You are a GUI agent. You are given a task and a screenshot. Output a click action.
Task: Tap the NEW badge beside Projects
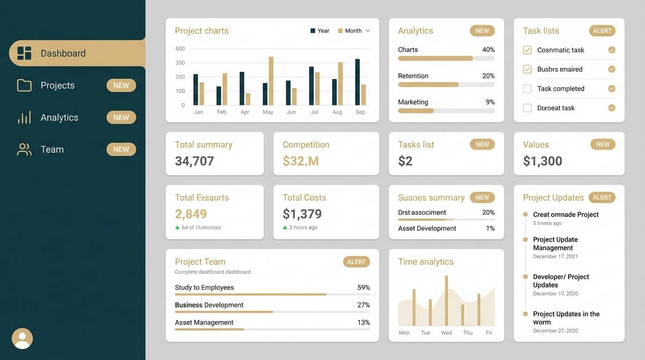point(121,85)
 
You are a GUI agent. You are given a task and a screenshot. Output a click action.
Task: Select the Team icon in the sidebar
point(24,150)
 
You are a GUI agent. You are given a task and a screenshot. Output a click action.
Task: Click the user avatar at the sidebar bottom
point(22,338)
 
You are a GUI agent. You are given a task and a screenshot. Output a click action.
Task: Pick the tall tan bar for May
point(271,81)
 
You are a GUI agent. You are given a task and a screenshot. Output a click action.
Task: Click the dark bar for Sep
point(357,82)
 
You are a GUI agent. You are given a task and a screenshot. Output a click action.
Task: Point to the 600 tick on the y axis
point(180,49)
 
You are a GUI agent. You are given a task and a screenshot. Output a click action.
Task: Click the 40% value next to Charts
point(488,50)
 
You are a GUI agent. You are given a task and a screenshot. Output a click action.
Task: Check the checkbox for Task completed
point(527,89)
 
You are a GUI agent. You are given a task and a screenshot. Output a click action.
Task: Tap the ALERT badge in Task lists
point(602,31)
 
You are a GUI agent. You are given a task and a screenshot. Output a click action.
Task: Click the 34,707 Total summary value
point(194,161)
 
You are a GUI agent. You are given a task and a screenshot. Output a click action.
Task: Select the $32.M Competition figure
point(300,161)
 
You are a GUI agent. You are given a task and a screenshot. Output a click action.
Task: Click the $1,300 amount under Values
point(542,161)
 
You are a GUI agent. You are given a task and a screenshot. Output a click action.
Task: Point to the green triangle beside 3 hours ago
point(285,227)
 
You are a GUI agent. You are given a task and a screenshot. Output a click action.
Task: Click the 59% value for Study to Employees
point(363,287)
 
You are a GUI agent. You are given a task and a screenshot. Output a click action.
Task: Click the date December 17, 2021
point(555,256)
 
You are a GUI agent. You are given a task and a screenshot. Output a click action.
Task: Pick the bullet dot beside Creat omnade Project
point(525,214)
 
